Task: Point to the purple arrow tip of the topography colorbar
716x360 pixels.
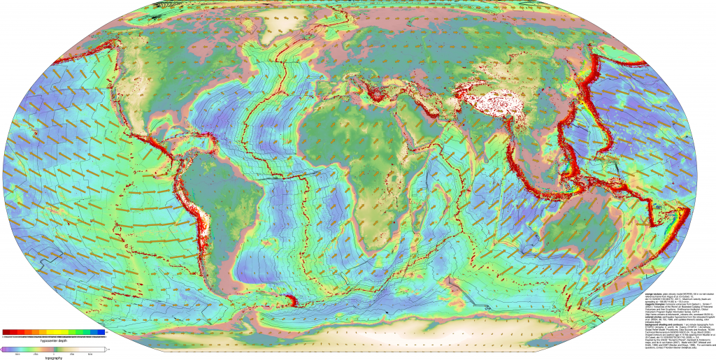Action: tap(2, 348)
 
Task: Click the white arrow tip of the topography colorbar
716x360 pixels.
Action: tap(105, 348)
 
